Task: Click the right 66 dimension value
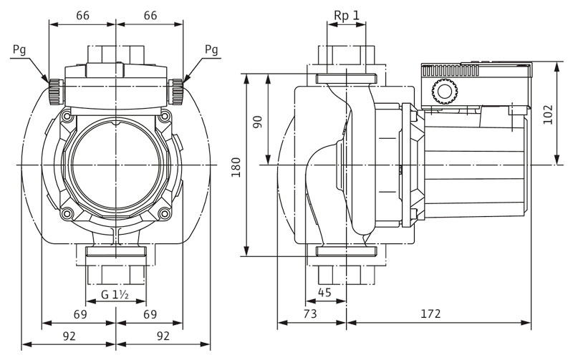click(150, 15)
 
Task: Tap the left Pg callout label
click(20, 50)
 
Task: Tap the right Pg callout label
click(211, 50)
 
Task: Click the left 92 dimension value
click(69, 334)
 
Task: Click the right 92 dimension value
click(163, 334)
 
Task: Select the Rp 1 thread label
click(347, 14)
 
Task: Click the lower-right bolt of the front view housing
click(164, 213)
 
